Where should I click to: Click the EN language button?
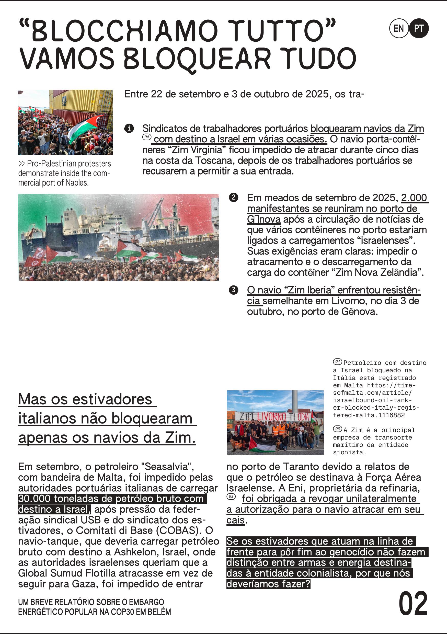(398, 28)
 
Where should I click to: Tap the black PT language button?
(419, 28)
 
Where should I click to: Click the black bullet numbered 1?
(129, 128)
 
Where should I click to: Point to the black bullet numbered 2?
(234, 198)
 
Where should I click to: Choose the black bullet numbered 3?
(234, 290)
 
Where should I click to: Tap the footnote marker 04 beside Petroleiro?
(337, 362)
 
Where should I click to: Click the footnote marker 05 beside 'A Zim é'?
(337, 429)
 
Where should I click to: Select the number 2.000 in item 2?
(414, 198)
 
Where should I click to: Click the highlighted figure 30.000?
(34, 499)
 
